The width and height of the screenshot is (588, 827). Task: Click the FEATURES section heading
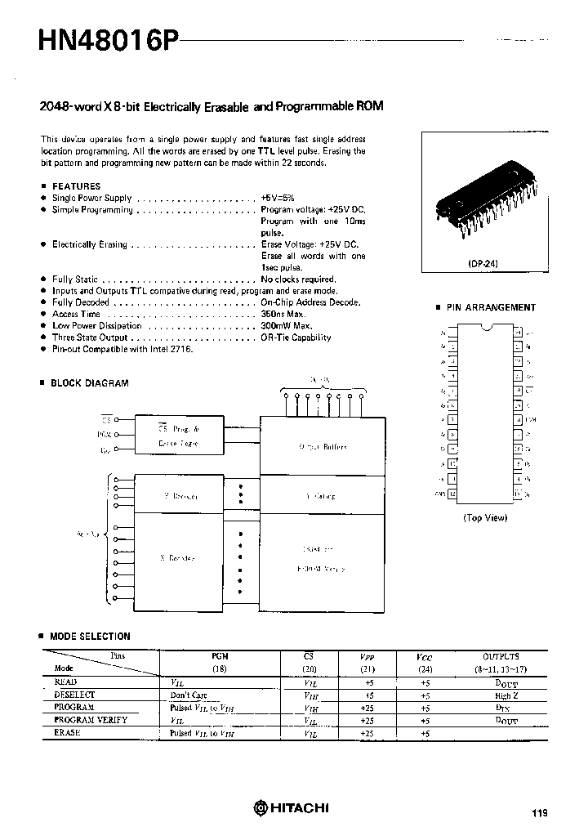click(x=76, y=186)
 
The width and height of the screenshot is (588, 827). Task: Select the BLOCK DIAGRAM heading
click(x=89, y=382)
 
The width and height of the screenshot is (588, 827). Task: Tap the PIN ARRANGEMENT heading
click(x=491, y=308)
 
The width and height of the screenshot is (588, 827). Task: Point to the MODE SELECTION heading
click(x=90, y=636)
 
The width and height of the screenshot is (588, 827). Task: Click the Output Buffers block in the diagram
click(x=322, y=447)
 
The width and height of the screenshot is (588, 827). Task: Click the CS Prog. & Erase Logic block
click(x=177, y=435)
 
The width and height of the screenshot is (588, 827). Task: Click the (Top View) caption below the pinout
click(x=485, y=517)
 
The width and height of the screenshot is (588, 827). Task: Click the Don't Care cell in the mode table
click(x=188, y=695)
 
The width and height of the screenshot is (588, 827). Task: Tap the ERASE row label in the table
click(x=67, y=732)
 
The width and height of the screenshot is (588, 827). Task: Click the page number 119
click(x=539, y=812)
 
